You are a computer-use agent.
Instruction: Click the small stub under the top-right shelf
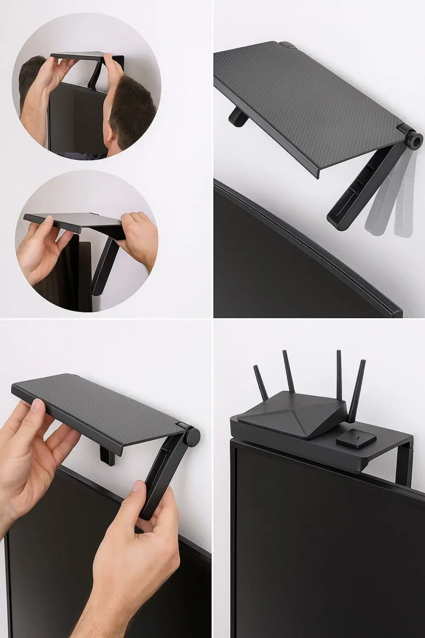[236, 117]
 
